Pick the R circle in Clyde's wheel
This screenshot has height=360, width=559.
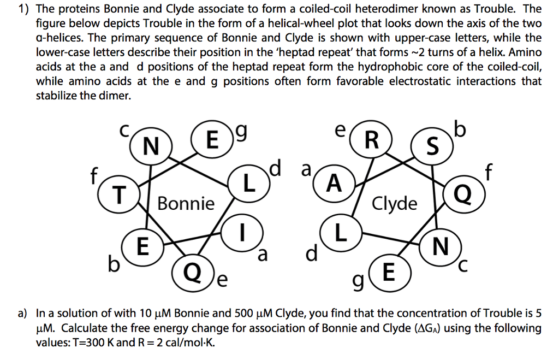click(x=371, y=140)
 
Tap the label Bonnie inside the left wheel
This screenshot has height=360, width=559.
click(x=186, y=204)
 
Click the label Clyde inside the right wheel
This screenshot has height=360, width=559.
click(x=395, y=204)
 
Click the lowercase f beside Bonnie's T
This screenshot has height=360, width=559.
click(x=94, y=176)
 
